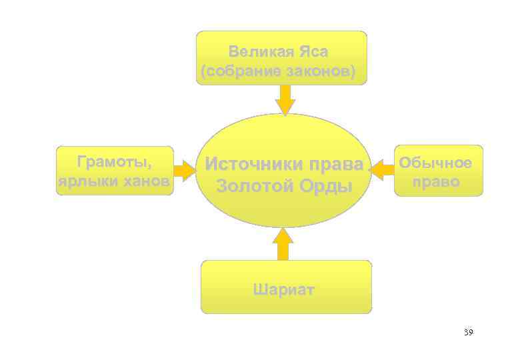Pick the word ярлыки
(x=83, y=182)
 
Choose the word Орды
(x=325, y=186)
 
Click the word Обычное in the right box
(x=437, y=163)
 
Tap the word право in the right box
(x=437, y=181)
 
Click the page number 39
(x=468, y=332)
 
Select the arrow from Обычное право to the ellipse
(x=381, y=171)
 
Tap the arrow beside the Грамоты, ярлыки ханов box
(x=185, y=171)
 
